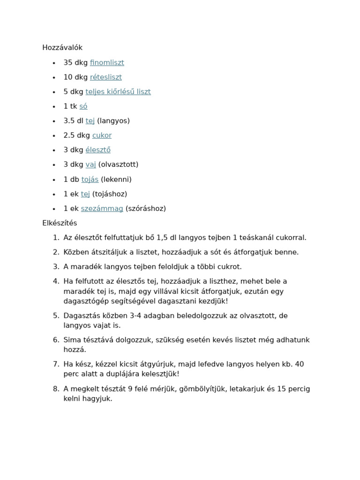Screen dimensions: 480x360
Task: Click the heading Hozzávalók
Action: (62, 48)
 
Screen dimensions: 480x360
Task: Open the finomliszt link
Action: (107, 63)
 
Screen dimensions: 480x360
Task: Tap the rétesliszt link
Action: (105, 77)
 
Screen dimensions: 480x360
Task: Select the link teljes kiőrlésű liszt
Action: (118, 92)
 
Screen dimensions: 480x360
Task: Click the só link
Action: (83, 106)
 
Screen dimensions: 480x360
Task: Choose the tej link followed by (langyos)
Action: (90, 121)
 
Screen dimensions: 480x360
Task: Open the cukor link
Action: (102, 135)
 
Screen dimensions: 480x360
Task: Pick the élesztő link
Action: (98, 150)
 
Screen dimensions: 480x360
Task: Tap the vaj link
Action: (90, 165)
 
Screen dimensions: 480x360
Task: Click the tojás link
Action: (90, 180)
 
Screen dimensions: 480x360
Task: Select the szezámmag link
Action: (102, 209)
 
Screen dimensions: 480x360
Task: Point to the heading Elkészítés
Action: (60, 223)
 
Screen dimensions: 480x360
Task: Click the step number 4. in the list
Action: (56, 281)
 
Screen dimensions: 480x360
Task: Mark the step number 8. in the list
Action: (56, 389)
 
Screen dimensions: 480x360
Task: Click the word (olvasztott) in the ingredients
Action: (118, 165)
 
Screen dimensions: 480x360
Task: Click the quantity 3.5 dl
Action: (74, 121)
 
